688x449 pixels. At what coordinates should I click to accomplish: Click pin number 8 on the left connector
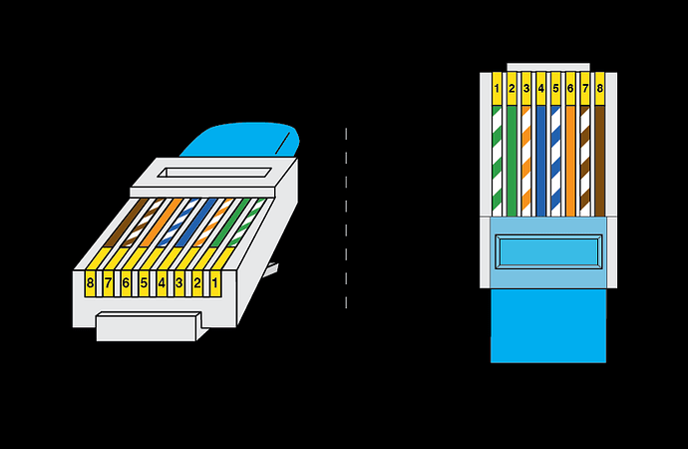tap(91, 283)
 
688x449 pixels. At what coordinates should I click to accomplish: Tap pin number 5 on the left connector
tap(145, 283)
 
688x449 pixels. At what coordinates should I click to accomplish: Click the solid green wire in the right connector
tap(512, 160)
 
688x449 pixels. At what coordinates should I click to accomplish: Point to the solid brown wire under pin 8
tap(599, 160)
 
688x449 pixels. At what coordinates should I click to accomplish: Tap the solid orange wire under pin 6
tap(570, 160)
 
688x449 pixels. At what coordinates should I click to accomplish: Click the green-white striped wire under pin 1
tap(498, 160)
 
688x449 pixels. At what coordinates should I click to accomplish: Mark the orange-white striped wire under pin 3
tap(526, 160)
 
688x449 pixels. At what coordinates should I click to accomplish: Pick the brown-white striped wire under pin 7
tap(585, 160)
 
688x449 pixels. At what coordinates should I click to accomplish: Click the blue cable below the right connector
tap(547, 329)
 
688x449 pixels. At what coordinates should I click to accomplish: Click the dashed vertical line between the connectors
tap(346, 220)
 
